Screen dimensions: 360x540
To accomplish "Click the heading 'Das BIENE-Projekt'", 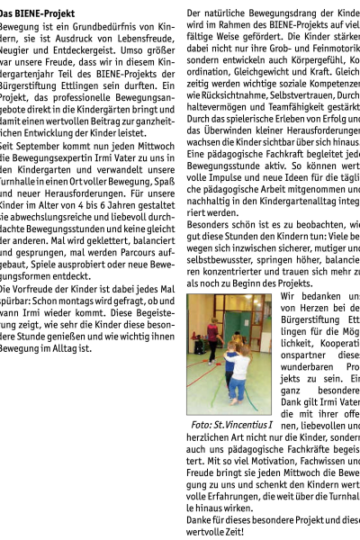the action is point(37,13).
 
